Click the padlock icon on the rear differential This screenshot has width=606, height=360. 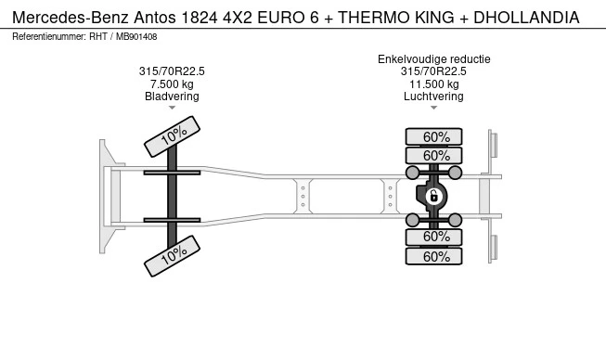[x=433, y=197]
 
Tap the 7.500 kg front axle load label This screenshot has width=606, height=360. [x=172, y=84]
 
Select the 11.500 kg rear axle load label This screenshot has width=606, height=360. [x=434, y=84]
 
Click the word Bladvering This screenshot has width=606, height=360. [x=172, y=96]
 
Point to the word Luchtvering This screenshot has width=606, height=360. [x=433, y=96]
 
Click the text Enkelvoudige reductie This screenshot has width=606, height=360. [x=434, y=59]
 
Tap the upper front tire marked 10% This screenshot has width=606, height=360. [x=172, y=136]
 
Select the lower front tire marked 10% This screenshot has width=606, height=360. [x=172, y=256]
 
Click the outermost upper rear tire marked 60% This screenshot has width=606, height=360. [x=433, y=136]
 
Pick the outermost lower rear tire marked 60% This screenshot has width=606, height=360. [x=433, y=256]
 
